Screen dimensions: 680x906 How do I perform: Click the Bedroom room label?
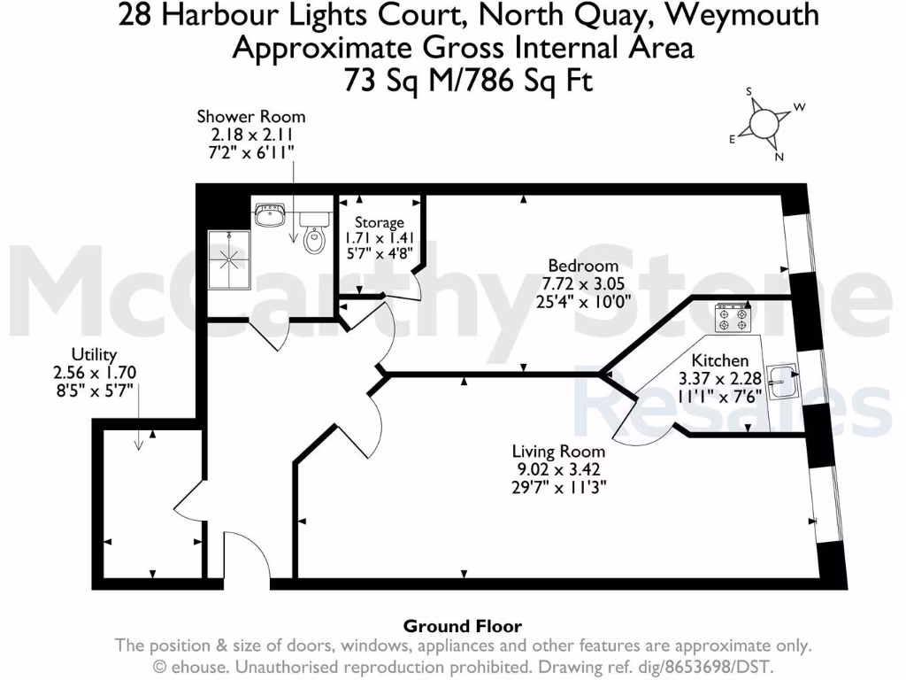(x=582, y=266)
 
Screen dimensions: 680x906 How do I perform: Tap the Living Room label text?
(x=562, y=450)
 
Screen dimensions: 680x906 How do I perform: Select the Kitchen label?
(x=719, y=360)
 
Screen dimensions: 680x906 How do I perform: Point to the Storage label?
(x=379, y=223)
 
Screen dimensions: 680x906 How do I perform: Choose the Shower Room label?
(x=251, y=117)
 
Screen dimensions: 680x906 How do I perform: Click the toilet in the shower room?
(x=313, y=236)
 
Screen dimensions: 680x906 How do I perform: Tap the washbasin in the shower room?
(x=269, y=214)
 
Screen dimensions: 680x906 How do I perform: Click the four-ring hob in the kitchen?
(x=733, y=318)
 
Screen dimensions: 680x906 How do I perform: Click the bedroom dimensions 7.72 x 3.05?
(x=582, y=282)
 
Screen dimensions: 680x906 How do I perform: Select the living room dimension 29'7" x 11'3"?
(x=562, y=485)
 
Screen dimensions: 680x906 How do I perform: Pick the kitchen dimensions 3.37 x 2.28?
(x=719, y=378)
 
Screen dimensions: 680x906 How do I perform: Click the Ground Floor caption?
(x=463, y=627)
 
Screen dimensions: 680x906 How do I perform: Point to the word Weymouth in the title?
(x=747, y=15)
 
